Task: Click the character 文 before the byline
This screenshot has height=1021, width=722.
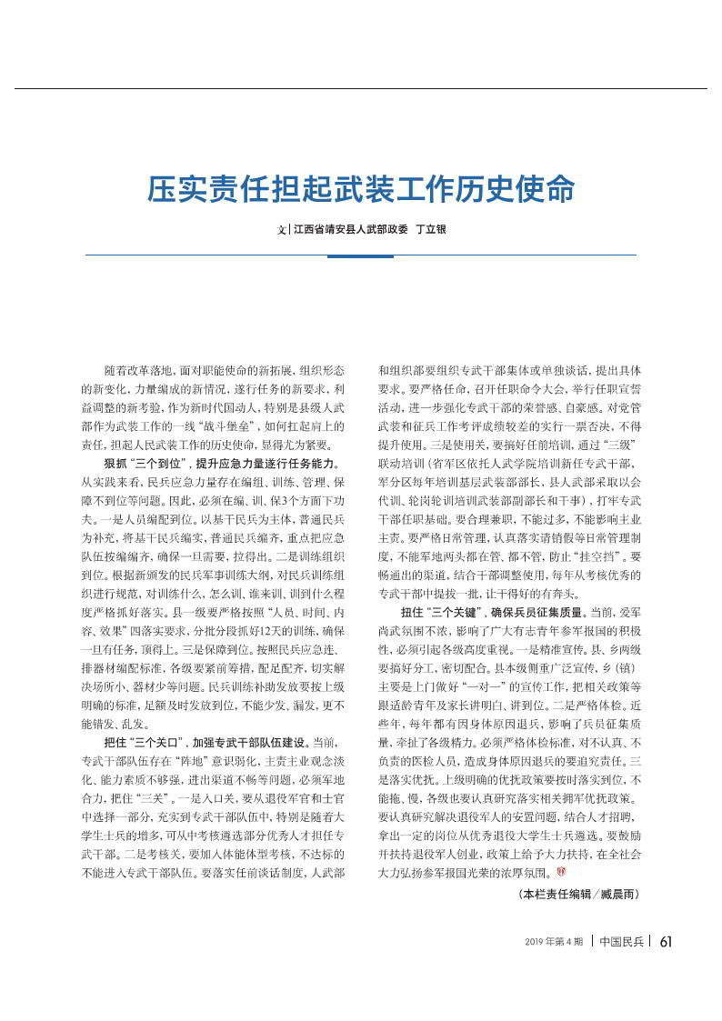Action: click(281, 230)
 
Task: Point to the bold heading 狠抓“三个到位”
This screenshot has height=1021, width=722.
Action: click(146, 464)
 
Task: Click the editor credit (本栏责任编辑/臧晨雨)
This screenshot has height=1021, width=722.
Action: click(580, 895)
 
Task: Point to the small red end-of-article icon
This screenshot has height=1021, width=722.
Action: click(561, 871)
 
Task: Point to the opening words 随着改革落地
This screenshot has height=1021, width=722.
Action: click(135, 372)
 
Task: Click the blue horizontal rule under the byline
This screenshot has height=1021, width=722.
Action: click(361, 255)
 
